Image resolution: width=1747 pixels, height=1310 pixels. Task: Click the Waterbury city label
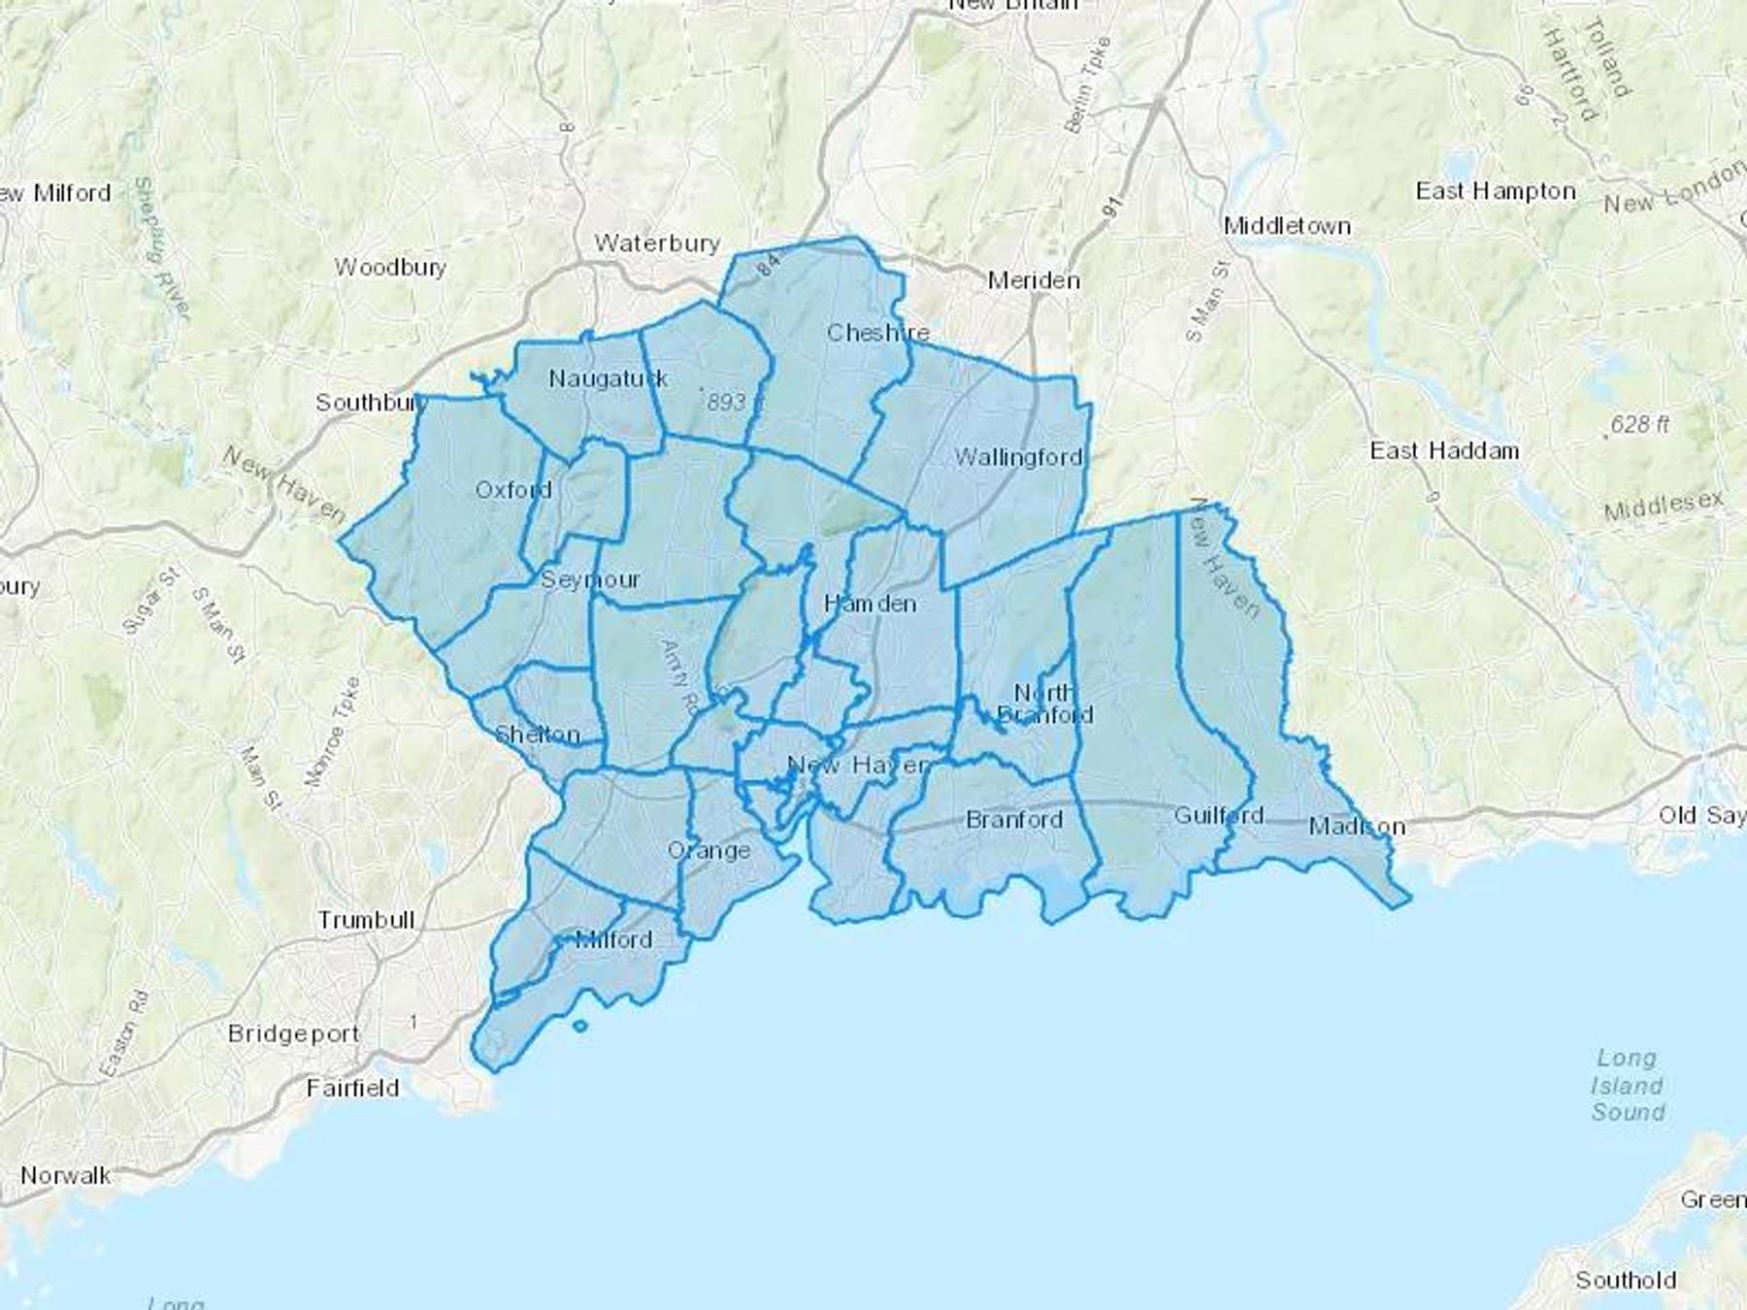pyautogui.click(x=657, y=243)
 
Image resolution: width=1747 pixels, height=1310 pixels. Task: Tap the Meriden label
pyautogui.click(x=1034, y=280)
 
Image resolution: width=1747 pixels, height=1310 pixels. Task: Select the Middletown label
pyautogui.click(x=1287, y=226)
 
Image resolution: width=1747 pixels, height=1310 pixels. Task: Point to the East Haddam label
pyautogui.click(x=1444, y=450)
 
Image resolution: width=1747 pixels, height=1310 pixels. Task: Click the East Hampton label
pyautogui.click(x=1496, y=191)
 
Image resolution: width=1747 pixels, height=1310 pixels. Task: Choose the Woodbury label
pyautogui.click(x=390, y=267)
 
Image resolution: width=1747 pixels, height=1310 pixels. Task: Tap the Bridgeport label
pyautogui.click(x=293, y=1033)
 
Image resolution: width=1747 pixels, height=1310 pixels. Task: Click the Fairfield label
pyautogui.click(x=352, y=1088)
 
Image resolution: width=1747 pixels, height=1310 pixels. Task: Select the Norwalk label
pyautogui.click(x=66, y=1175)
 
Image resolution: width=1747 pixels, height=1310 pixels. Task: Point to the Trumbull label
pyautogui.click(x=366, y=919)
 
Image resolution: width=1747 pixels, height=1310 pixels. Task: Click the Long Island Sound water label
pyautogui.click(x=1628, y=1085)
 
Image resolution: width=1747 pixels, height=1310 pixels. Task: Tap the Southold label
pyautogui.click(x=1626, y=1280)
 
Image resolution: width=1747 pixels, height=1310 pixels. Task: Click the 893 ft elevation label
pyautogui.click(x=734, y=401)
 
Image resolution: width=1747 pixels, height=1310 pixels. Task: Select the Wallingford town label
pyautogui.click(x=1018, y=456)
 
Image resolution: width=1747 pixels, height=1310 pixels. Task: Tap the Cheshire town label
pyautogui.click(x=877, y=333)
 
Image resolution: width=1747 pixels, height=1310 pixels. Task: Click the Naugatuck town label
pyautogui.click(x=609, y=378)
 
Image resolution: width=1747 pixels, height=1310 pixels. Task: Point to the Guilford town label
pyautogui.click(x=1219, y=815)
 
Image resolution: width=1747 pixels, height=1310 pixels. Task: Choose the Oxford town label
pyautogui.click(x=513, y=490)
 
